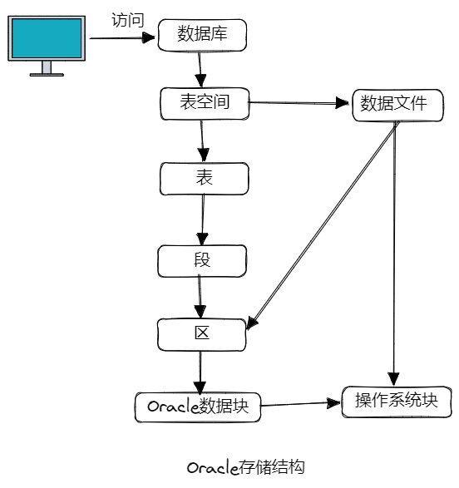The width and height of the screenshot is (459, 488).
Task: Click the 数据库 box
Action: click(202, 35)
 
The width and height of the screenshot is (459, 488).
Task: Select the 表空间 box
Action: click(205, 104)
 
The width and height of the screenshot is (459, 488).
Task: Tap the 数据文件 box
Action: click(397, 106)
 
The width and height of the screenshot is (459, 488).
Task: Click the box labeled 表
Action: click(204, 179)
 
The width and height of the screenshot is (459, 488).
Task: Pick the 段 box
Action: click(202, 261)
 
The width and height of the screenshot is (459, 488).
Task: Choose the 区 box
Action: click(202, 335)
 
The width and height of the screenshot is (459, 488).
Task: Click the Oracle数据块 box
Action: click(198, 407)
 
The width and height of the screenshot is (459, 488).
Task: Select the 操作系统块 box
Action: click(397, 402)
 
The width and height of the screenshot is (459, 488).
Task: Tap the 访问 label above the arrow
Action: click(128, 20)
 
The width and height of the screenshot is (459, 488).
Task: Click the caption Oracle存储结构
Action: click(246, 467)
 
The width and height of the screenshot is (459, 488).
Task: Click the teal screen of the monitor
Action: click(47, 38)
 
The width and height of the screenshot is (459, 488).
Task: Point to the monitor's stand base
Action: click(47, 75)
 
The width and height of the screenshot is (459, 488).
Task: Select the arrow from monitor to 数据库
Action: click(122, 38)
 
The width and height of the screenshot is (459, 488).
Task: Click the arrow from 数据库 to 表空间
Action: click(200, 69)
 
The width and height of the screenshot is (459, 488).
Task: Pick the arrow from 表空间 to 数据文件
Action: click(299, 102)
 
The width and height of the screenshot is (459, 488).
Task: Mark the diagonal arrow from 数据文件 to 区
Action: click(323, 225)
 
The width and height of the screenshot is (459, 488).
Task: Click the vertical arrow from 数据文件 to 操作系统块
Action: click(394, 254)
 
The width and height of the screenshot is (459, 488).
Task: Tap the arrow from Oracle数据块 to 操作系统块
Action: click(301, 404)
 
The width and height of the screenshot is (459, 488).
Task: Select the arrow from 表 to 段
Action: click(203, 219)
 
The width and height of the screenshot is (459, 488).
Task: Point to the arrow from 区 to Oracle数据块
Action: click(200, 372)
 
